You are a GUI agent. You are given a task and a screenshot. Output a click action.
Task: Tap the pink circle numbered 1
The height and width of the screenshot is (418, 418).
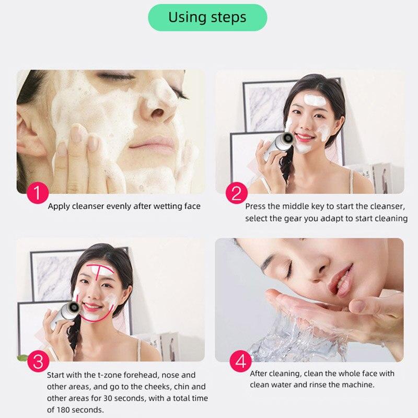click(37, 193)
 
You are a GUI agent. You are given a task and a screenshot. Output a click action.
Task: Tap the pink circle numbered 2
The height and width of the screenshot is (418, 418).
click(236, 193)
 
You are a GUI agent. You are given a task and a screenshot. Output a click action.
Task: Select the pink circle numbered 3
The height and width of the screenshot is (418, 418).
click(37, 362)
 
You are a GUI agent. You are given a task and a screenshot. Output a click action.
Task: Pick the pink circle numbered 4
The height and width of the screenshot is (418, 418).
click(240, 362)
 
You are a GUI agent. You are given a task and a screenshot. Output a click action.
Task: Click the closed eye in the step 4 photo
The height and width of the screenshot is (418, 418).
click(286, 269)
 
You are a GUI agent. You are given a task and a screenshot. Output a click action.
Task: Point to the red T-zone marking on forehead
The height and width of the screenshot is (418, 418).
click(99, 272)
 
